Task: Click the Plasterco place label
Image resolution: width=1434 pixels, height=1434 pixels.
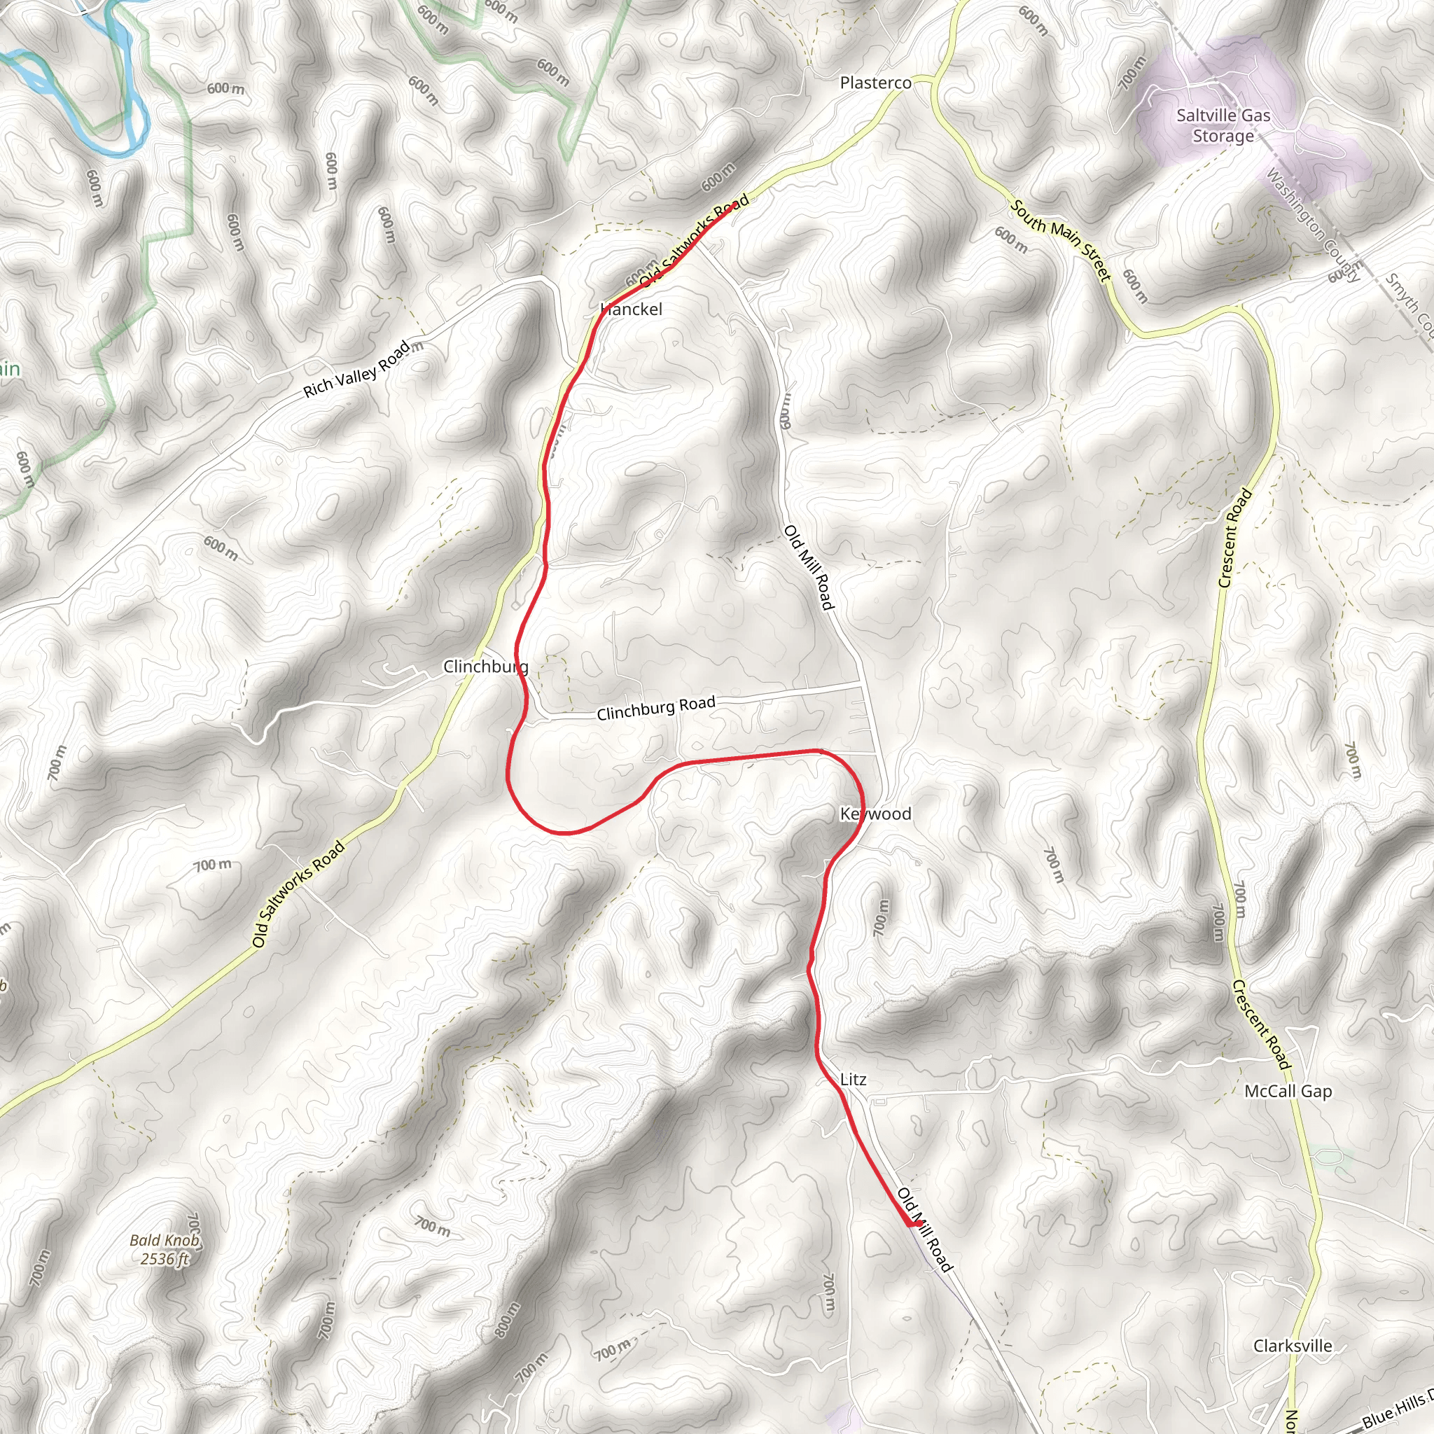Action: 875,83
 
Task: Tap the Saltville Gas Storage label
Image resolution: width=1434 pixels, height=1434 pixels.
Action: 1223,125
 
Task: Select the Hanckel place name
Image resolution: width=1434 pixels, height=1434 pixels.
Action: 631,309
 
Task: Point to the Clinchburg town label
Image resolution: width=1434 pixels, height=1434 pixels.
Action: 485,666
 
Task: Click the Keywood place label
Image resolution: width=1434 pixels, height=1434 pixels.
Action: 875,814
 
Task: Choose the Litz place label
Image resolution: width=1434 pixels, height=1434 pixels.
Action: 853,1079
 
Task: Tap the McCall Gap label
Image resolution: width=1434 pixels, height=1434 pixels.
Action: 1288,1091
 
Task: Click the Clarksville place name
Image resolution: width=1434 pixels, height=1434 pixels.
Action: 1293,1346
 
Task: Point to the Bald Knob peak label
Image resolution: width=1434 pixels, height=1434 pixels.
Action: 164,1239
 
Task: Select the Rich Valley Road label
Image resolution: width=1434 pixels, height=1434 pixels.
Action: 356,369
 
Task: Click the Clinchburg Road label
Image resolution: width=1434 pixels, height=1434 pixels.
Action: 656,707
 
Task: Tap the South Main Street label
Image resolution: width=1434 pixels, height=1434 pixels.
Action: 1061,240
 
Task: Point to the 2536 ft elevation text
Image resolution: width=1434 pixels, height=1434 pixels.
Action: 164,1259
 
